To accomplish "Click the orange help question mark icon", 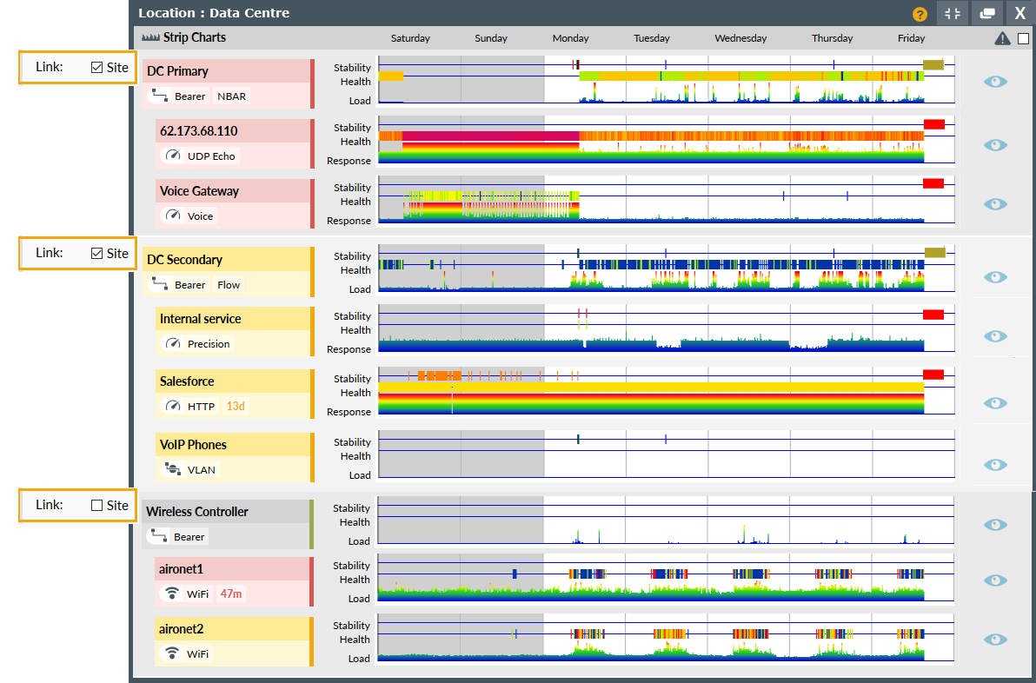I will [920, 14].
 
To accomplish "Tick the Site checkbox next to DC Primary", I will [96, 67].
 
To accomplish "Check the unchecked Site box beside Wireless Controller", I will [96, 505].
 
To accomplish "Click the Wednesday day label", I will [740, 38].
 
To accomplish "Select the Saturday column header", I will [410, 38].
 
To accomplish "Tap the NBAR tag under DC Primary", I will [231, 96].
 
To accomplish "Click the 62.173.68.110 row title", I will [199, 131].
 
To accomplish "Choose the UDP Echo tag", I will [211, 156].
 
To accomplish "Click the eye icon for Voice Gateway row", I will [995, 204].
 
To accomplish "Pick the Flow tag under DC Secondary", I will [229, 285].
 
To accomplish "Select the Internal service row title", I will [201, 319].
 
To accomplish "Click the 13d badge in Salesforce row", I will [236, 406].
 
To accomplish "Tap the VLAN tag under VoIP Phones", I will [202, 469].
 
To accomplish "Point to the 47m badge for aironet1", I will [231, 593].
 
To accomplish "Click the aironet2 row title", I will [182, 628].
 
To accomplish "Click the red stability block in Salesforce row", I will [933, 375].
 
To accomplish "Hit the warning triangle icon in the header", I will [1002, 38].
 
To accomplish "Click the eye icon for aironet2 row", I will [995, 640].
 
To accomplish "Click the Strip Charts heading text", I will [194, 37].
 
